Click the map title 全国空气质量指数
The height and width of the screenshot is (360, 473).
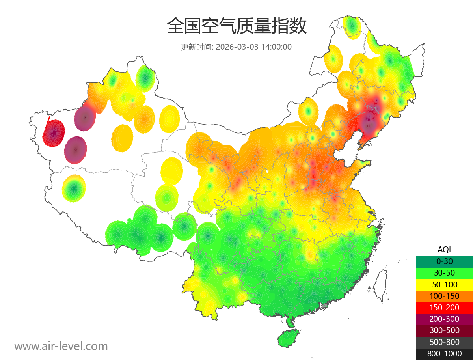tap(236, 26)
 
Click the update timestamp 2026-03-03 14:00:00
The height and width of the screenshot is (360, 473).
tap(254, 47)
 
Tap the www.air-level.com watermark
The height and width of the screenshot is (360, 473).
tap(61, 346)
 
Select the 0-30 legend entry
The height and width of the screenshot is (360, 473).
tap(444, 261)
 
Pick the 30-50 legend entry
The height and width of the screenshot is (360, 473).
tap(444, 272)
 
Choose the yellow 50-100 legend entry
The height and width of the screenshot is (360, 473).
tap(444, 284)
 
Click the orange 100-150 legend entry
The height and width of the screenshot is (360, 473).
tap(444, 296)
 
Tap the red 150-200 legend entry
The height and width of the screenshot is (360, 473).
tap(444, 307)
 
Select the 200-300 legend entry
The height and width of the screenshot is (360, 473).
tap(444, 319)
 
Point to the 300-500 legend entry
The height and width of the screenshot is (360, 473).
tap(444, 330)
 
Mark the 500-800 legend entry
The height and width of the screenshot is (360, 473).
tap(444, 342)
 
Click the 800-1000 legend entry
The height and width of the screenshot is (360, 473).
tap(444, 354)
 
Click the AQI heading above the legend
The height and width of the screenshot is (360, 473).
tap(444, 249)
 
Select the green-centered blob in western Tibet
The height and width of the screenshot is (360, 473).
tap(74, 188)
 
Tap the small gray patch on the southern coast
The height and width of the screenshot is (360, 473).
tap(324, 305)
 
